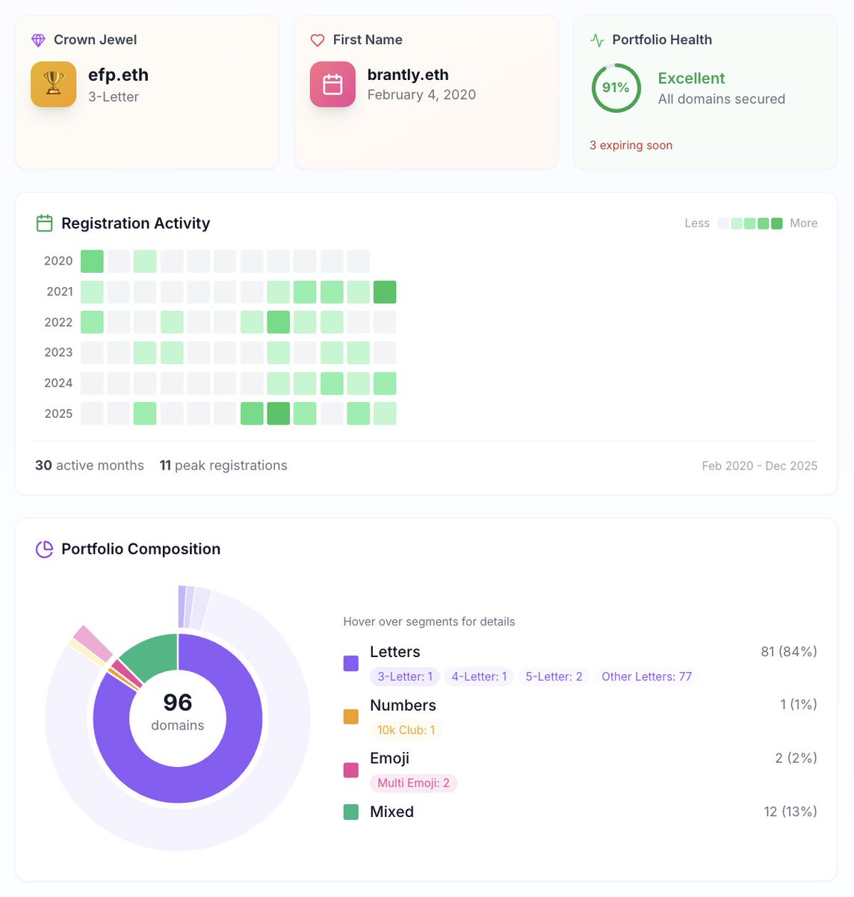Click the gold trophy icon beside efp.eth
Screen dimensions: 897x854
pyautogui.click(x=53, y=84)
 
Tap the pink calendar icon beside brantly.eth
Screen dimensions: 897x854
pyautogui.click(x=332, y=84)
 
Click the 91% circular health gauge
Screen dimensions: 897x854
pyautogui.click(x=616, y=88)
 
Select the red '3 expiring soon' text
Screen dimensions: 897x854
pyautogui.click(x=631, y=145)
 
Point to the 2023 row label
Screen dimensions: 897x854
pyautogui.click(x=58, y=352)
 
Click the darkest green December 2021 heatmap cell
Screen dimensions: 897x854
pyautogui.click(x=385, y=292)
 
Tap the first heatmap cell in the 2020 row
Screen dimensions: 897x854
pyautogui.click(x=92, y=261)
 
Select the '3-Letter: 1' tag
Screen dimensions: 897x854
pyautogui.click(x=404, y=676)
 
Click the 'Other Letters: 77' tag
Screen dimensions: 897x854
pyautogui.click(x=646, y=676)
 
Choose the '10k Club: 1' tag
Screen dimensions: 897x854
pyautogui.click(x=406, y=730)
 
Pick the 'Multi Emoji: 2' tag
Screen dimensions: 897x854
pyautogui.click(x=413, y=783)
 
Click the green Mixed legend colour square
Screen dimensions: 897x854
pyautogui.click(x=350, y=812)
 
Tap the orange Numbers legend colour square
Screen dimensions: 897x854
pyautogui.click(x=350, y=716)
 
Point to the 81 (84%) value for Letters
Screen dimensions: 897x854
pyautogui.click(x=788, y=652)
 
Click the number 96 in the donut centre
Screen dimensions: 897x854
pyautogui.click(x=178, y=703)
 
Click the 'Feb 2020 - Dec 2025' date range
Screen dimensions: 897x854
pyautogui.click(x=759, y=466)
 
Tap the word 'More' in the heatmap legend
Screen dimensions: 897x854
pyautogui.click(x=803, y=223)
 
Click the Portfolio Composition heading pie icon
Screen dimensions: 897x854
pyautogui.click(x=45, y=549)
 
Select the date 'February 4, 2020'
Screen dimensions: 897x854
pyautogui.click(x=421, y=95)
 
